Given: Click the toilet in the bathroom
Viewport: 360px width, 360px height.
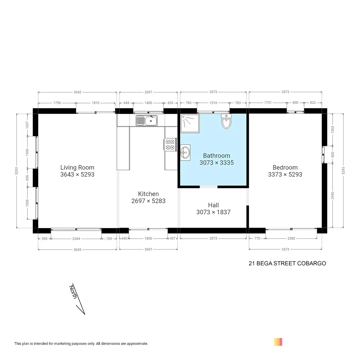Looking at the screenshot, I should click(226, 121).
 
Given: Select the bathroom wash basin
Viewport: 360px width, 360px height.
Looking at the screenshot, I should click(185, 153).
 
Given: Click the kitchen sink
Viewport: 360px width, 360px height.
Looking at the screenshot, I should click(147, 121).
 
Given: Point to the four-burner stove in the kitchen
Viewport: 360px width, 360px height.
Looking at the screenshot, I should click(170, 144).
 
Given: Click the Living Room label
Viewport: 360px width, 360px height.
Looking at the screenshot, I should click(77, 167).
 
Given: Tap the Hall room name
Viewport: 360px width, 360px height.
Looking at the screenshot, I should click(213, 205).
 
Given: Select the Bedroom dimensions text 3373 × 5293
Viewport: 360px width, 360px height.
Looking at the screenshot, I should click(285, 174).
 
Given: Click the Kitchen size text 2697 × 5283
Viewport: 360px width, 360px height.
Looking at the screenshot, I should click(148, 201).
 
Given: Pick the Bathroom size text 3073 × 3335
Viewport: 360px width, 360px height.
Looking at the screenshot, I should click(216, 163).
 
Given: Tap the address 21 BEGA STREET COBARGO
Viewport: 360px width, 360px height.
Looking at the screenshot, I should click(287, 263).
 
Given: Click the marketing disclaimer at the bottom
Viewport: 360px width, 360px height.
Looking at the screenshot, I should click(81, 344).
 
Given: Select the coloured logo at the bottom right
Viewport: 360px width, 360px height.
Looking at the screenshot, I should click(278, 342).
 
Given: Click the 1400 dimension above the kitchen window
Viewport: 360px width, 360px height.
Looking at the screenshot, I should click(148, 103).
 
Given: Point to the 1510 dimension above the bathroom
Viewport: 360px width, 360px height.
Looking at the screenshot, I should click(213, 103).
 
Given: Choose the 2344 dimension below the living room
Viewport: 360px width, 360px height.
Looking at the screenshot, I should click(76, 238).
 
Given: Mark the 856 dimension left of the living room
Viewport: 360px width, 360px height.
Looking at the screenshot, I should click(28, 178).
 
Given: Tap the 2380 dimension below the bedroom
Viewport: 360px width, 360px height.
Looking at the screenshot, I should click(291, 238).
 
